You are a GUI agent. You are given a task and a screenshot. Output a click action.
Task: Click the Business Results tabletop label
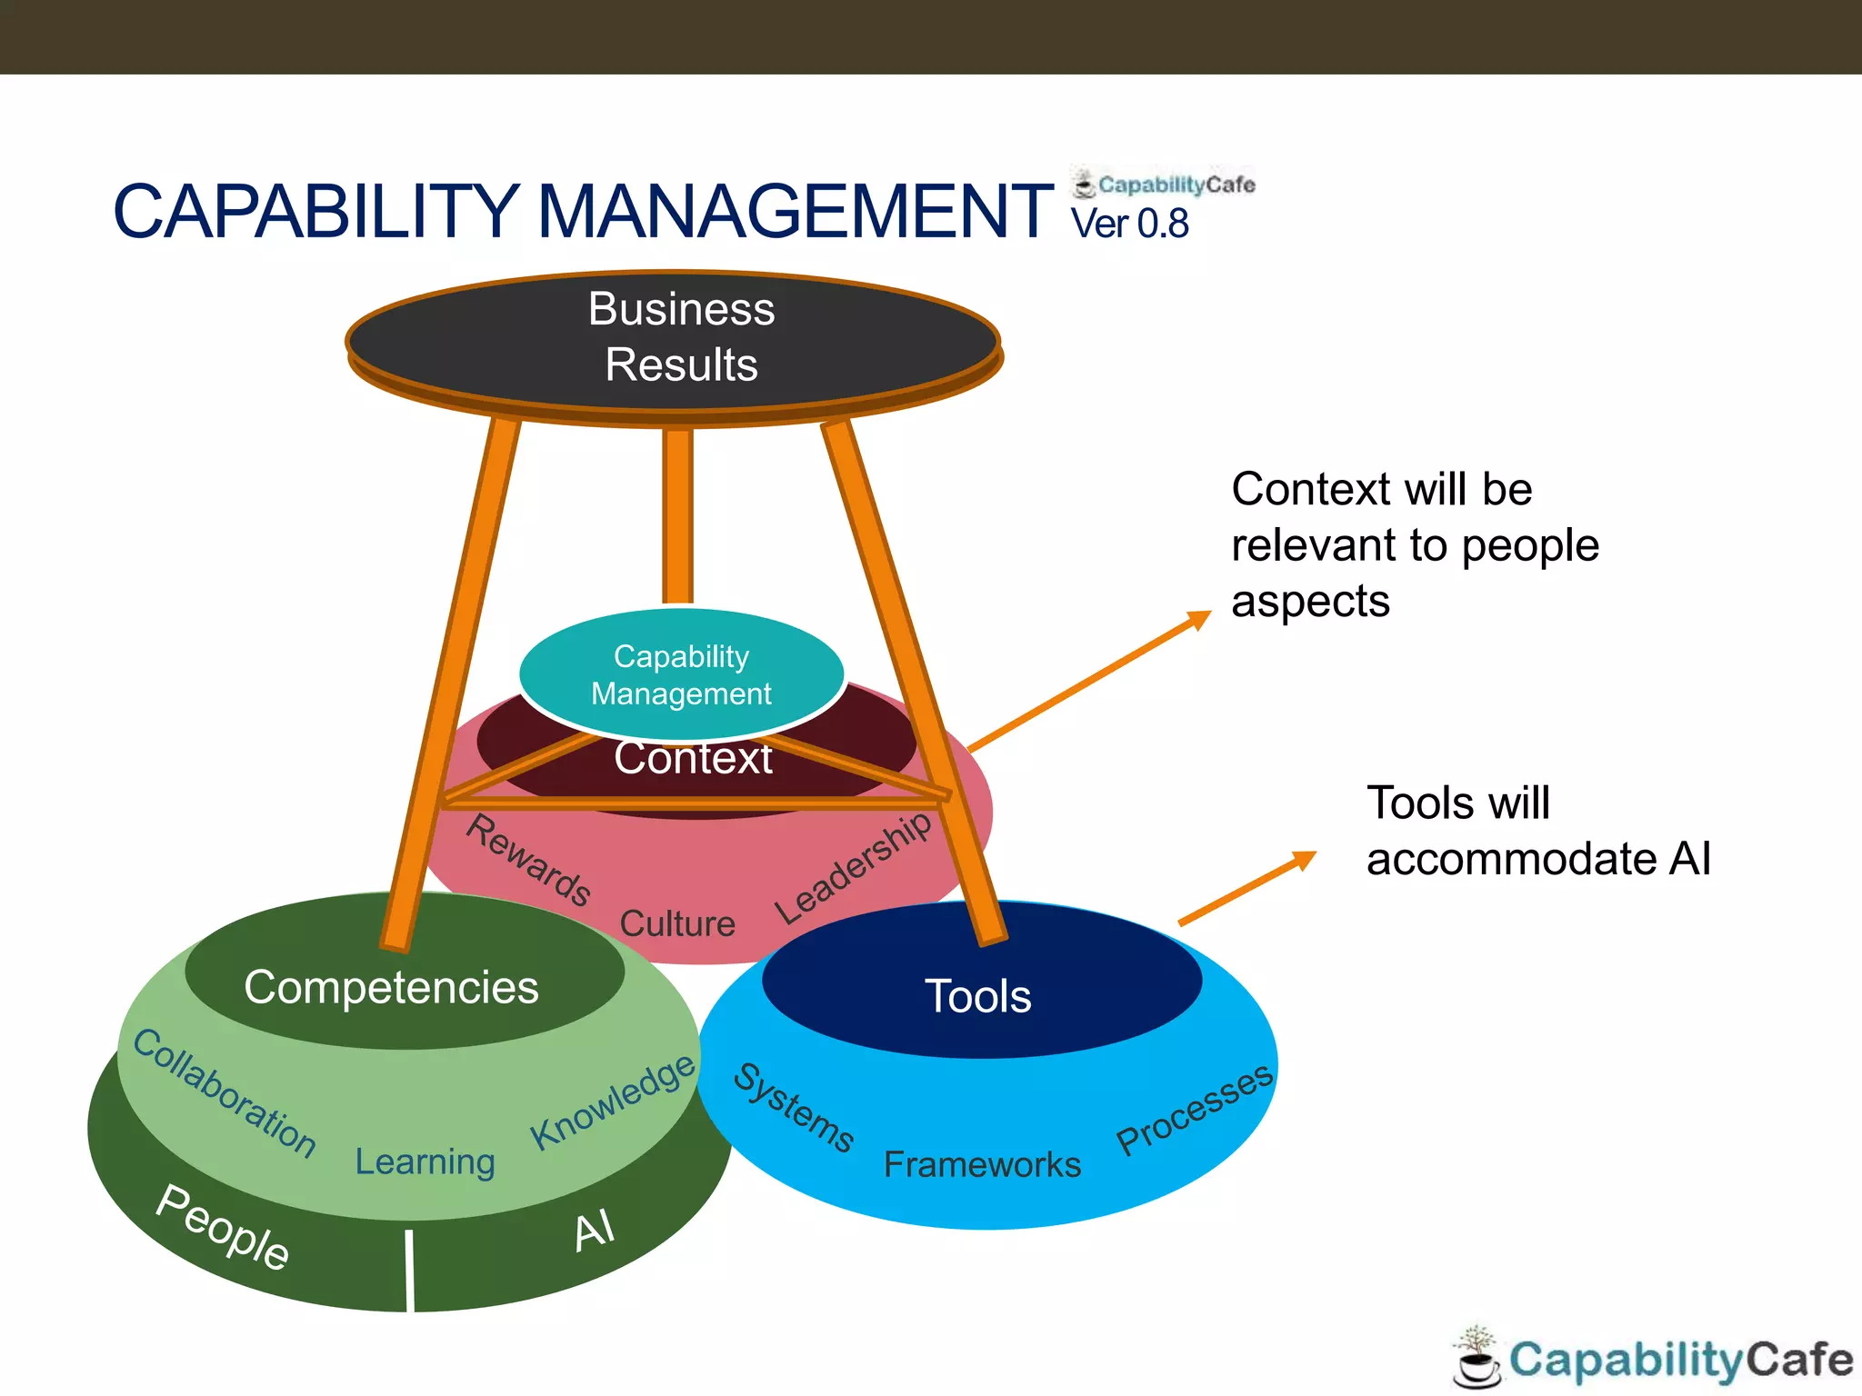(681, 336)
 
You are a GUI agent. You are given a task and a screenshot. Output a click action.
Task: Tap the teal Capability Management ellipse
(681, 674)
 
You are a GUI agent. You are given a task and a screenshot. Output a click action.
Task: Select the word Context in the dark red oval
(693, 758)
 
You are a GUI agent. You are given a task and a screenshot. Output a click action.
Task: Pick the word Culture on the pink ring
(677, 923)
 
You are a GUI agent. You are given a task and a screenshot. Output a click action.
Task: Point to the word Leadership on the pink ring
(853, 867)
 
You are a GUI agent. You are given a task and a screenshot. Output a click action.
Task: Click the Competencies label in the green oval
(391, 987)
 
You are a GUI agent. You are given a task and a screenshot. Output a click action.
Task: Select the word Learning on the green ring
(425, 1162)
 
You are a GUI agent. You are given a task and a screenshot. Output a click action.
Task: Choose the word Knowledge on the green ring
(613, 1102)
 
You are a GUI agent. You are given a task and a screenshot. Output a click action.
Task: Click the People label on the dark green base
(223, 1226)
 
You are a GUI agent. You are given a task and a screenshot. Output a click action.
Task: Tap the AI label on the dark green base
(595, 1231)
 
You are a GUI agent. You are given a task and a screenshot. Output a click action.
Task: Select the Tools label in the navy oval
(977, 996)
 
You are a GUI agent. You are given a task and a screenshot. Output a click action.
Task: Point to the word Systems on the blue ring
(794, 1107)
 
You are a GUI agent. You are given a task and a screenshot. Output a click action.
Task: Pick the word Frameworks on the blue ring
(982, 1164)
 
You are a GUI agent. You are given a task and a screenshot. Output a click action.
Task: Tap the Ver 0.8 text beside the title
(1129, 224)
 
